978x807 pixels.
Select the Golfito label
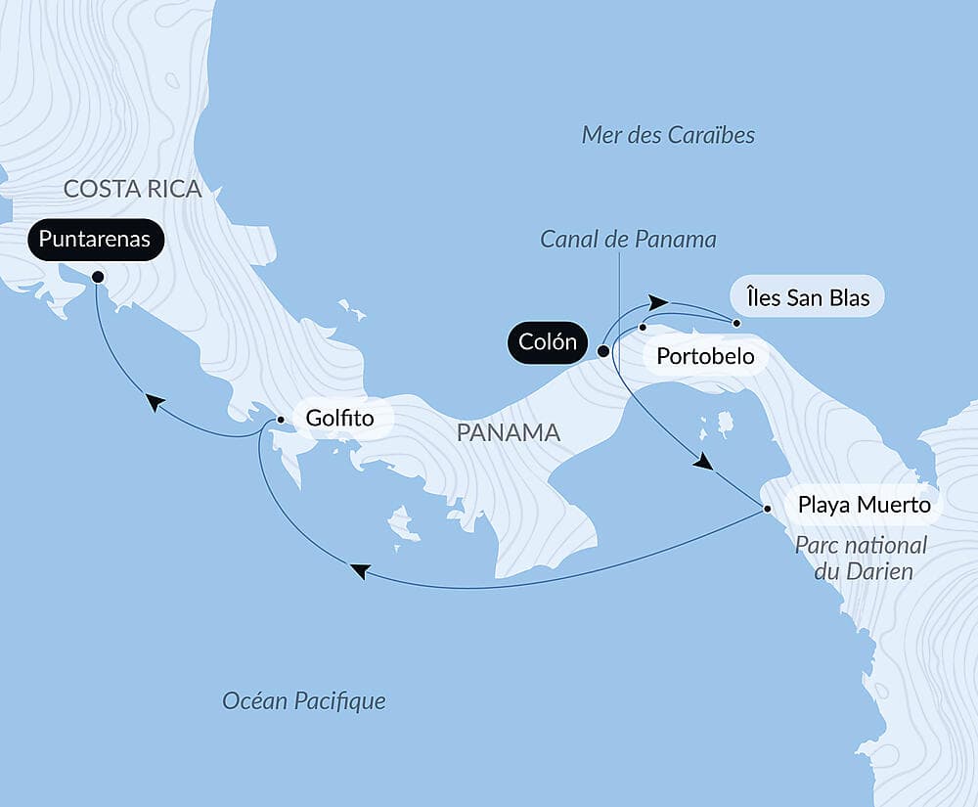coord(339,419)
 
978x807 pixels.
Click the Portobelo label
coord(705,357)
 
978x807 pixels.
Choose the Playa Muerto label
coord(857,506)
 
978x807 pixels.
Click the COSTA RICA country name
coord(133,189)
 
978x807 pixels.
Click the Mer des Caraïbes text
coord(668,135)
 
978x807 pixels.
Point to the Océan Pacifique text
coord(304,700)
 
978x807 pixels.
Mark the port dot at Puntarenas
coord(98,277)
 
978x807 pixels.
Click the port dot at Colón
coord(603,350)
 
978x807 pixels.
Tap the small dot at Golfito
coord(281,420)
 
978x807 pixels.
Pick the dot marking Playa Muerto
coord(768,508)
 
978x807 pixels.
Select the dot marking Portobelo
coord(643,327)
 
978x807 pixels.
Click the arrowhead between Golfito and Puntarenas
coord(154,401)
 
